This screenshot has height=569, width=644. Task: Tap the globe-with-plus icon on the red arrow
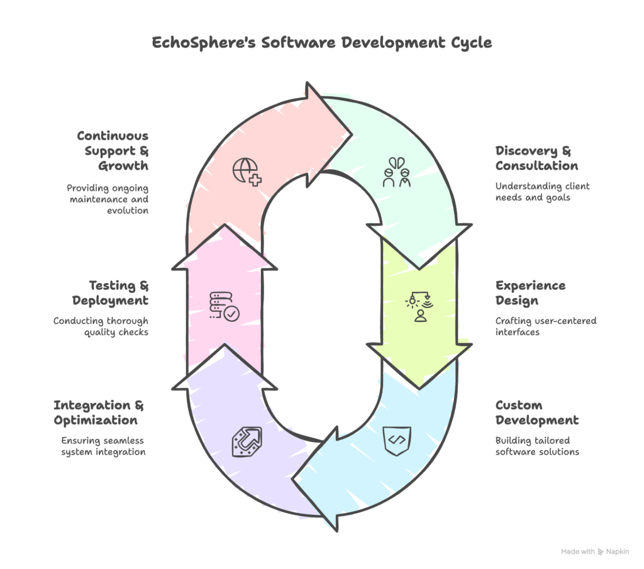coord(247,171)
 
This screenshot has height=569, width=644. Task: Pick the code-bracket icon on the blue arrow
coord(397,440)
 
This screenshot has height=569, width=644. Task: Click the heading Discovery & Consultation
coord(536,158)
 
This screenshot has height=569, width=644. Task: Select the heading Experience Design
coord(530,293)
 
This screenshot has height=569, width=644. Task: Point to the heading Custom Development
coord(536,412)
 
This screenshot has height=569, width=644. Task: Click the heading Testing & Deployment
coord(110,293)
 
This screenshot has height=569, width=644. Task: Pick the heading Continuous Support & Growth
coord(113,151)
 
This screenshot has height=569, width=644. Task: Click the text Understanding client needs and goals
coord(542,192)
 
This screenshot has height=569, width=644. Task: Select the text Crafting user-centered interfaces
coord(545,326)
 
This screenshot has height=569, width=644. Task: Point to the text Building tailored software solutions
coord(536,446)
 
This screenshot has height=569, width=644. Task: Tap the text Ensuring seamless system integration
coord(103,446)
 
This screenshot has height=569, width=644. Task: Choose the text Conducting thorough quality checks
coord(101,326)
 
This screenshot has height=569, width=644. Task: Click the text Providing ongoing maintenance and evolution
coord(108,199)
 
